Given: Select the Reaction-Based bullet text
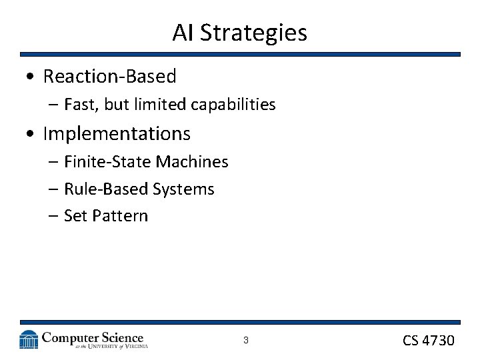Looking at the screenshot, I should tap(109, 77).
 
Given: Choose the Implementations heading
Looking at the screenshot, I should tap(117, 134).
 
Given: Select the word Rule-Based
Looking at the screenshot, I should tap(106, 189).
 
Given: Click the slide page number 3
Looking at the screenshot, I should tap(245, 341).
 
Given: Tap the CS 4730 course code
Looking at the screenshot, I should tap(428, 341).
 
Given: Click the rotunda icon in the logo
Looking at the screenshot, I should tap(29, 339).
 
